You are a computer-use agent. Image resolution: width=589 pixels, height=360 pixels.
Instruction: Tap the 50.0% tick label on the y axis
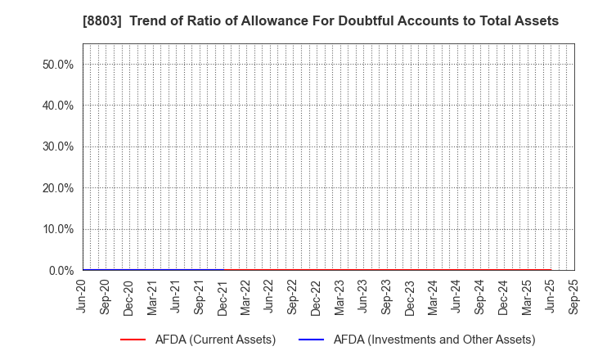click(x=57, y=64)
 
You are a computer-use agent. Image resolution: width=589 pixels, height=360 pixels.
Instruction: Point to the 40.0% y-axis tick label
click(x=57, y=106)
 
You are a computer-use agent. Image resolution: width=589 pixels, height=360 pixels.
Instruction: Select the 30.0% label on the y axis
click(x=57, y=146)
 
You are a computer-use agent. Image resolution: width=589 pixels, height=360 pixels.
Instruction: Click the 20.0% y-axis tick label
click(x=57, y=188)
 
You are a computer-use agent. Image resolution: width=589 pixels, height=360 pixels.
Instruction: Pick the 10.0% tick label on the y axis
click(x=57, y=229)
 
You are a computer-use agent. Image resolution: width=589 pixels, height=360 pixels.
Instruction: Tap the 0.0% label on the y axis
click(x=61, y=270)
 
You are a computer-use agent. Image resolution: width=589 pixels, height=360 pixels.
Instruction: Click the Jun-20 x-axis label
click(x=83, y=297)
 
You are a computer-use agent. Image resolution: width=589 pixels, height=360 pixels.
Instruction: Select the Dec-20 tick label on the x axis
click(x=129, y=297)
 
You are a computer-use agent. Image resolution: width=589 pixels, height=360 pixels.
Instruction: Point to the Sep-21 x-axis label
click(x=200, y=297)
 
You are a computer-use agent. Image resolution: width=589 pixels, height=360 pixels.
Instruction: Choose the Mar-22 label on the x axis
click(x=246, y=297)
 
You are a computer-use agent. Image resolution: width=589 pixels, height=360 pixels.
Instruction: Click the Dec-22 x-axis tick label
click(x=317, y=297)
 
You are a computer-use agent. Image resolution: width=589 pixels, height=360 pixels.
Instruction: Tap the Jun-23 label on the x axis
click(x=363, y=297)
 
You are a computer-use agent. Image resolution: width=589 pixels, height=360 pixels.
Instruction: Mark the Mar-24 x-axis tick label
click(x=434, y=297)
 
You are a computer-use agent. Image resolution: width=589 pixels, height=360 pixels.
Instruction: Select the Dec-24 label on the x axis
click(x=504, y=297)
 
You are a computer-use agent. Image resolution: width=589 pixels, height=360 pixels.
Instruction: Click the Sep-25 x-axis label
click(x=574, y=297)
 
